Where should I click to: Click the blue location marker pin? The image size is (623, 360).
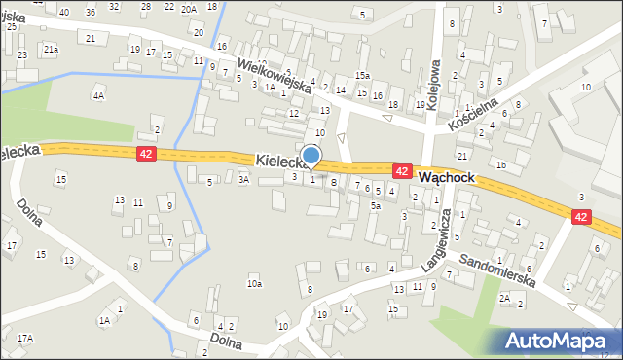point(311,156)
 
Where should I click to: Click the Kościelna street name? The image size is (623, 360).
point(474,113)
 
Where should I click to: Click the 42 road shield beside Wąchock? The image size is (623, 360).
point(401,171)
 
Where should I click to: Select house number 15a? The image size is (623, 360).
point(362,75)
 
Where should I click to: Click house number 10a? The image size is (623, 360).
point(254,284)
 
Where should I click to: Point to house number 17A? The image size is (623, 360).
point(24,338)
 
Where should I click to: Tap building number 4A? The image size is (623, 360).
point(97,95)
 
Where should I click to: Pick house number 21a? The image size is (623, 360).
point(51,48)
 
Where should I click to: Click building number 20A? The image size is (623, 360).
point(188,8)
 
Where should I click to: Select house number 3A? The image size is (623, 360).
point(244,179)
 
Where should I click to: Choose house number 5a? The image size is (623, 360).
point(375,205)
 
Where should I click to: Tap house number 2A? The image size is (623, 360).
point(504,299)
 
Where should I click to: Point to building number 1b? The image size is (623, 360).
point(500,164)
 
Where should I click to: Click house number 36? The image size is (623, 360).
point(91,12)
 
